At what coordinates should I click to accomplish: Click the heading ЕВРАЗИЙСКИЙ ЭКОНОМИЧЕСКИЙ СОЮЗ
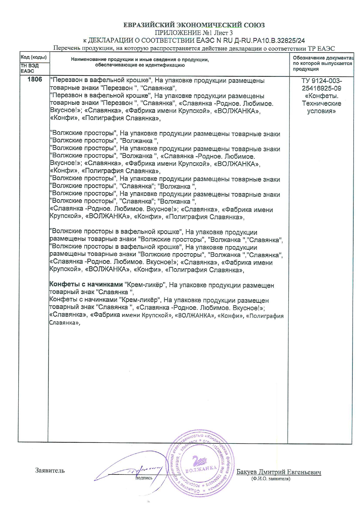click(194, 25)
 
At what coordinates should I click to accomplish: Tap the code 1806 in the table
click(35, 80)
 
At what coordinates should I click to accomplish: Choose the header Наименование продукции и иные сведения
click(140, 60)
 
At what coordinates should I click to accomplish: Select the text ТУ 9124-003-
click(322, 81)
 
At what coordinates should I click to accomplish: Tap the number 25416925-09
click(322, 88)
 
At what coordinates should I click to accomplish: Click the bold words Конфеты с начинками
click(86, 285)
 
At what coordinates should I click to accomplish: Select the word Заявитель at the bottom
click(50, 470)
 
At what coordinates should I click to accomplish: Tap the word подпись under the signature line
click(144, 478)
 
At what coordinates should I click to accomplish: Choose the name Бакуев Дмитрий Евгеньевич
click(279, 472)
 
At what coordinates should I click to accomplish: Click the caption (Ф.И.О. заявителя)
click(271, 479)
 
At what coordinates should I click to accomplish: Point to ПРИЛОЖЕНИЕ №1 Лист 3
click(194, 33)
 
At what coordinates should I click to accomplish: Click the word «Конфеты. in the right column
click(322, 96)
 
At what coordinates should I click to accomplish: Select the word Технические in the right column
click(322, 103)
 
